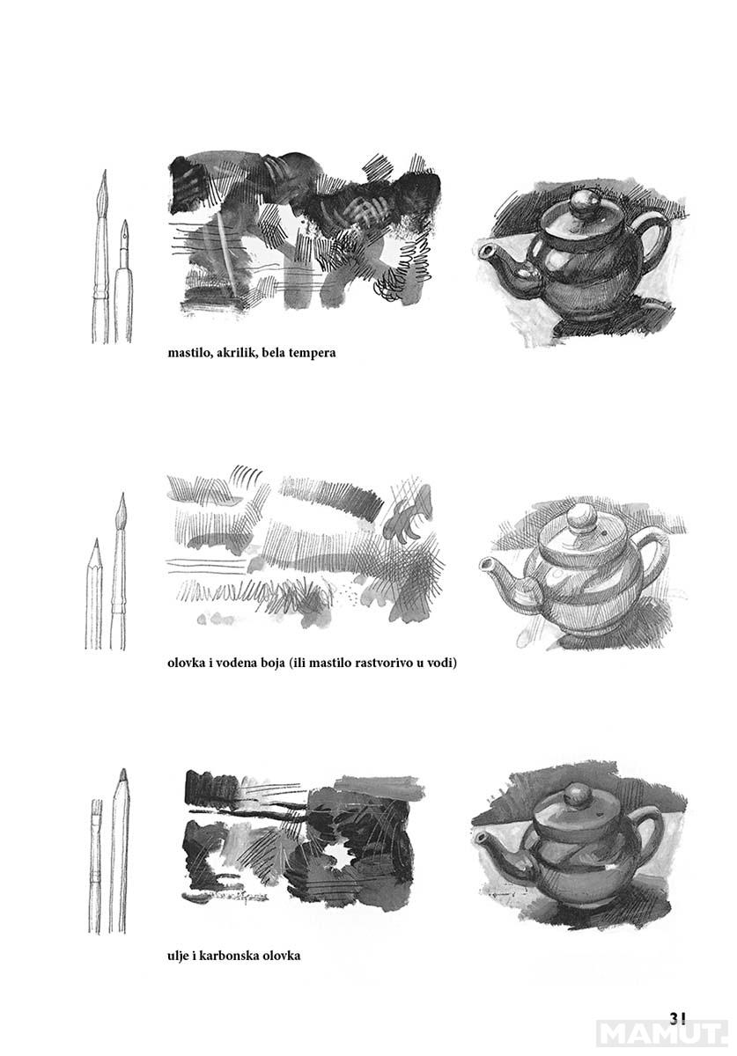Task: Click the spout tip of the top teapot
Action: click(x=483, y=252)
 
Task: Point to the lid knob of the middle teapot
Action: click(x=580, y=518)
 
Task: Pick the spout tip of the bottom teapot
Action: click(x=481, y=838)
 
